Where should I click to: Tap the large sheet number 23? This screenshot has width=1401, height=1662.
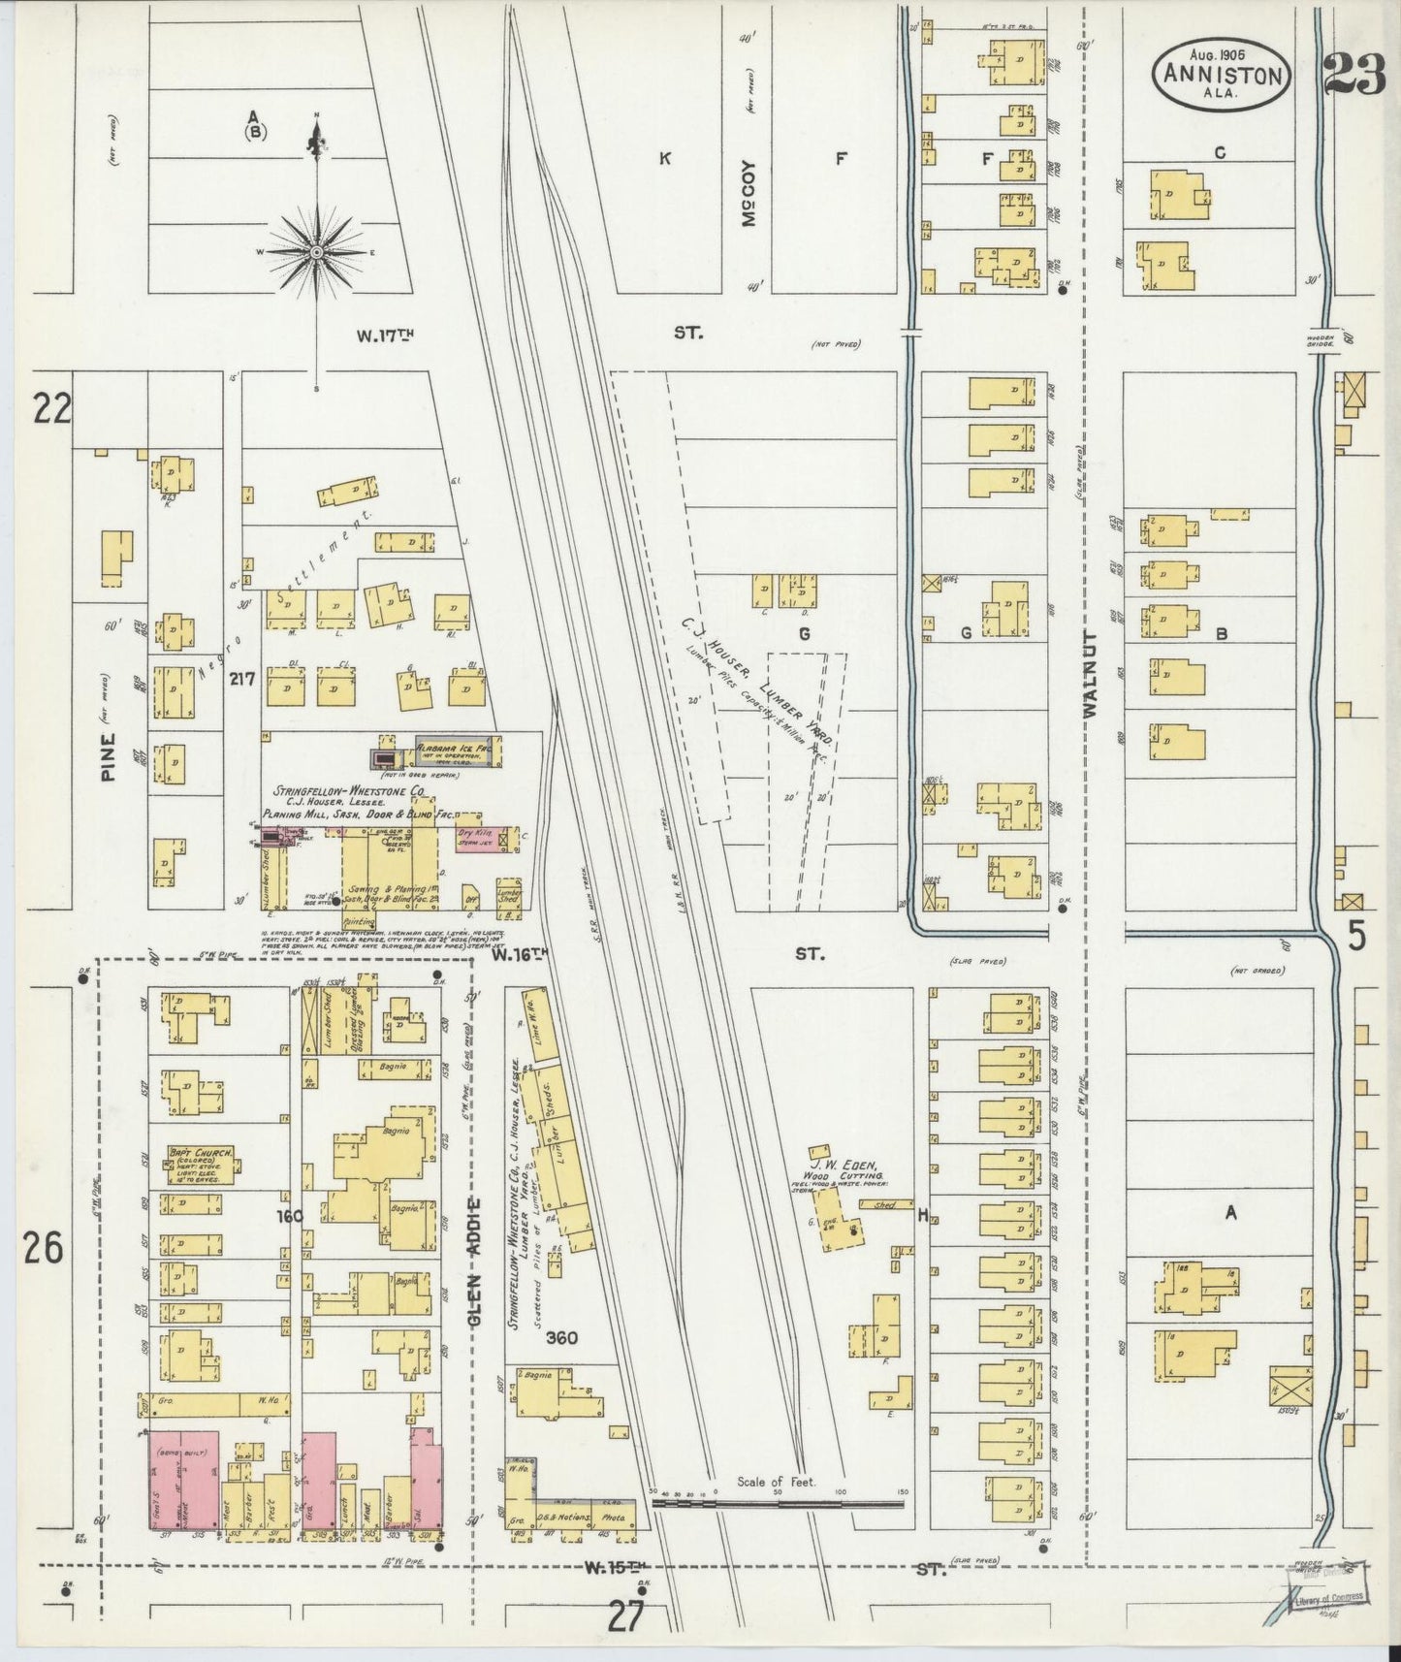(1354, 73)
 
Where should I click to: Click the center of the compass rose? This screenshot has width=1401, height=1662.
(316, 251)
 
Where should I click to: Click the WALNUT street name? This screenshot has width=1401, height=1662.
(1090, 675)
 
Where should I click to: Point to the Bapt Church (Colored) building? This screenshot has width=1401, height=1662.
(200, 1166)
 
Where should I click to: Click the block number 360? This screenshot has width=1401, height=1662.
(561, 1338)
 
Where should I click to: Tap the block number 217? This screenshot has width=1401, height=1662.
(242, 680)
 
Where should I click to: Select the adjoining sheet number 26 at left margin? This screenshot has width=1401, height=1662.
(44, 1248)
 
